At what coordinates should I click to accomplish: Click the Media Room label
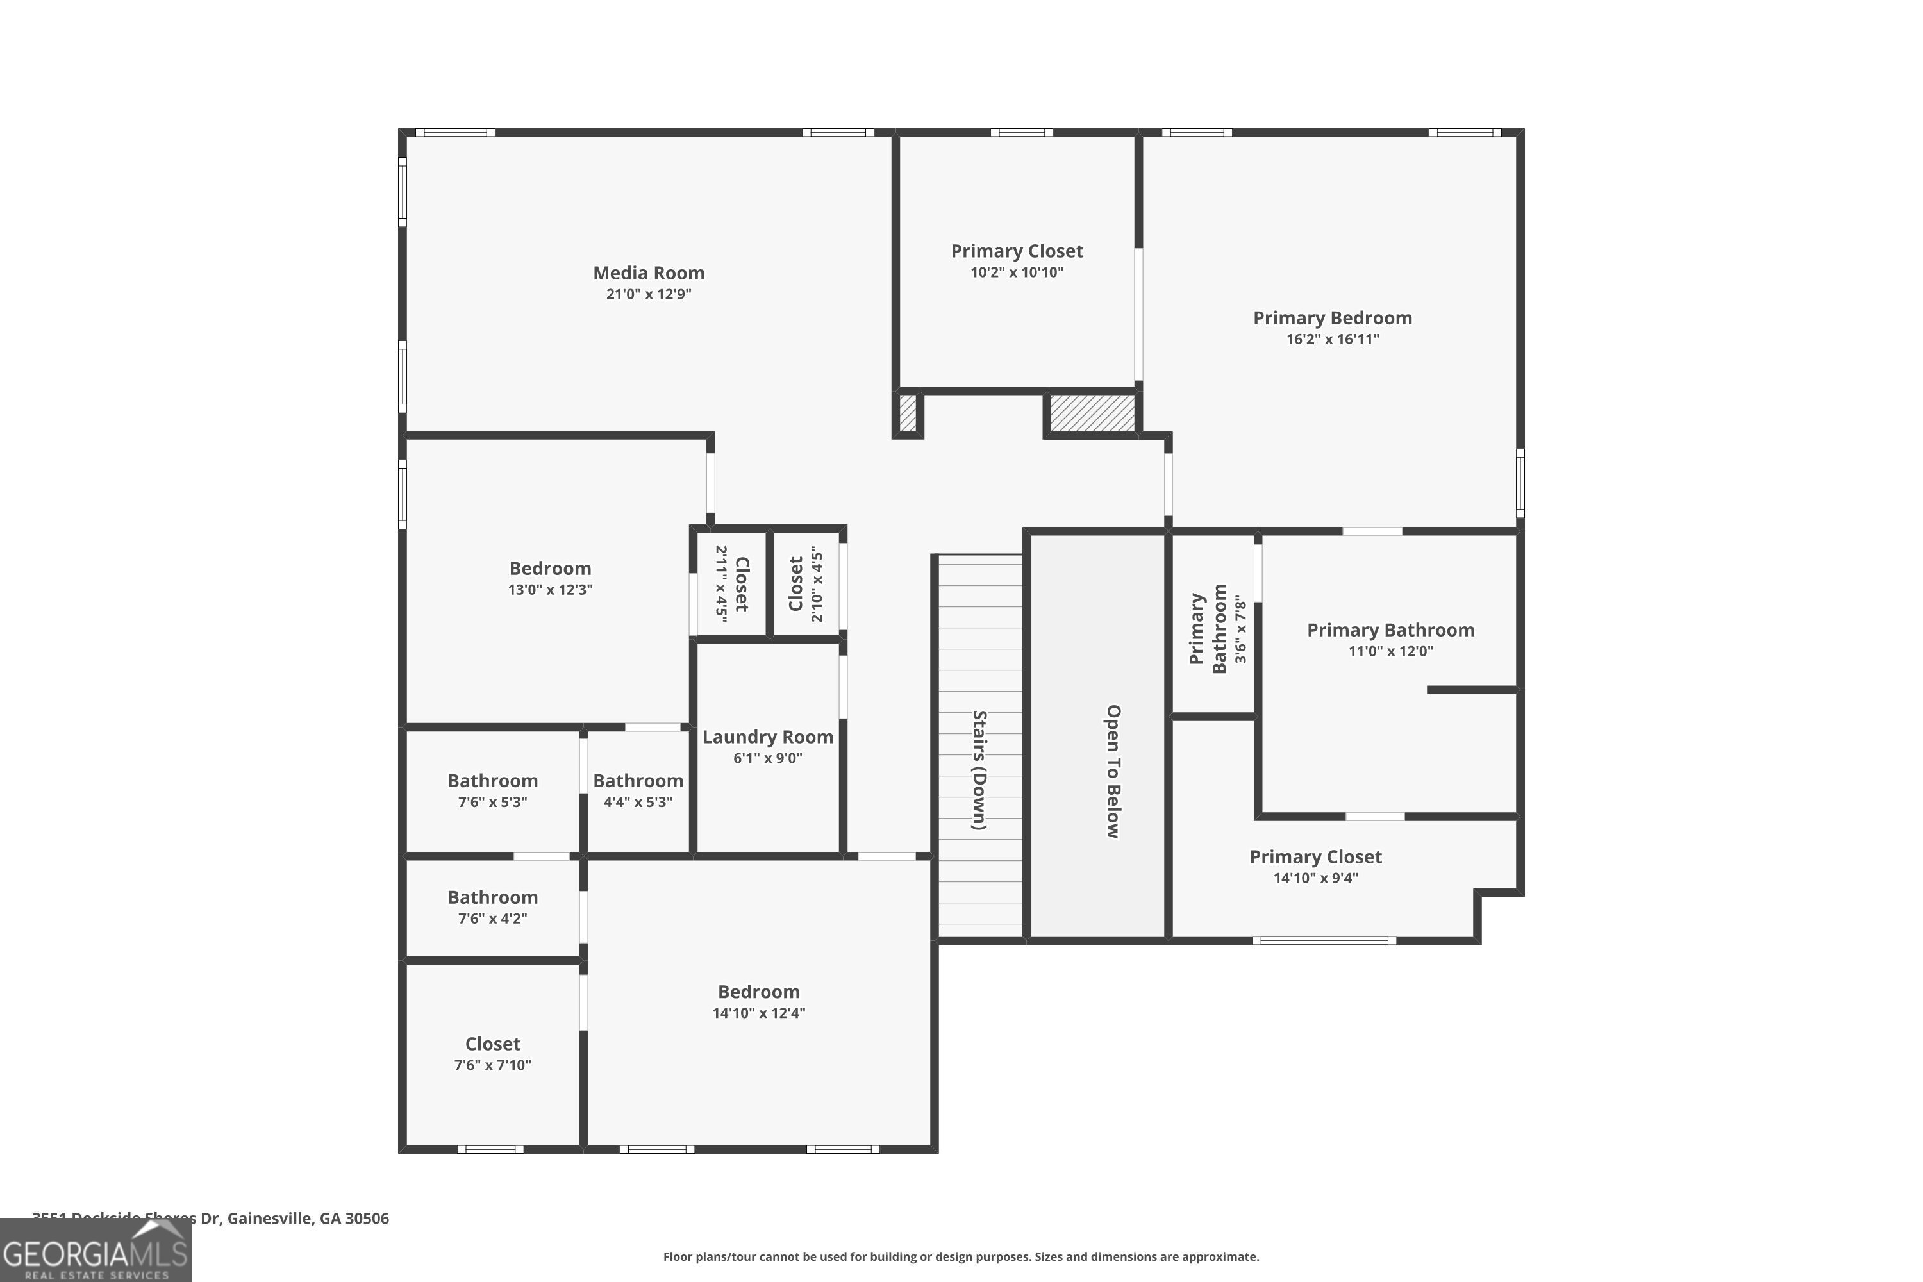648,273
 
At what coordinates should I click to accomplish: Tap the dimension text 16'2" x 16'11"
1332,339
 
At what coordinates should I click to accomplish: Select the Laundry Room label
767,737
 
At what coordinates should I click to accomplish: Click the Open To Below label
1113,771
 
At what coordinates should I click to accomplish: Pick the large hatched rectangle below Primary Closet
1092,413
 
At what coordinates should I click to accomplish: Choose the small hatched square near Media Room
908,413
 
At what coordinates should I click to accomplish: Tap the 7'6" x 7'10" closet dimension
492,1065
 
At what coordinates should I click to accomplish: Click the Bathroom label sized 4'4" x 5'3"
638,781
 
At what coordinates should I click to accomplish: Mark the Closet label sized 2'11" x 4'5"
742,584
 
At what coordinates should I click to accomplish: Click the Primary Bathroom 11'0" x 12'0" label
1390,630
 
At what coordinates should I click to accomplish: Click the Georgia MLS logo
96,1252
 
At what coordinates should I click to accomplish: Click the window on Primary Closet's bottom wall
1324,941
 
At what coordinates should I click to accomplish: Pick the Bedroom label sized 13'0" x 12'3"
549,568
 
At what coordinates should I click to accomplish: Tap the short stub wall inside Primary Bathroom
1472,690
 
